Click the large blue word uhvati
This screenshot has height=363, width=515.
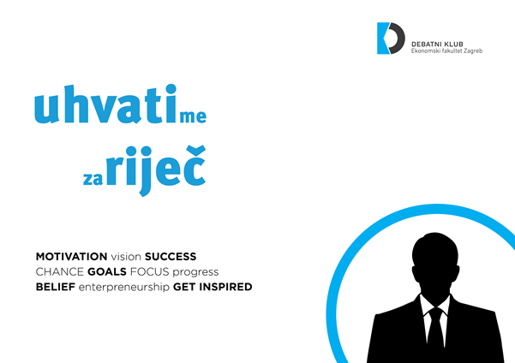tap(105, 104)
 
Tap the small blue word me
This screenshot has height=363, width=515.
tap(193, 116)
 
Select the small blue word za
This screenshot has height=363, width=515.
tap(93, 179)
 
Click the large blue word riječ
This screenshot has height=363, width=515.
tap(156, 170)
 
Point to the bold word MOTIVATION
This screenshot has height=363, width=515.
tap(72, 256)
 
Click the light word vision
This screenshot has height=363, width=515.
tap(126, 256)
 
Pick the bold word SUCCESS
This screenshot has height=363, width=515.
tap(171, 256)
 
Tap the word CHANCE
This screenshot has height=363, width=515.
tap(60, 271)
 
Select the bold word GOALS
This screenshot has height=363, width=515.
tap(107, 271)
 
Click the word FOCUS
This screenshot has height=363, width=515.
tap(149, 271)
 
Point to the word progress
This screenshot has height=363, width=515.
tap(195, 272)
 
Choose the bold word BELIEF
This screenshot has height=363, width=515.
tap(56, 287)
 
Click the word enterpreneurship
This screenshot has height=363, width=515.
tap(124, 288)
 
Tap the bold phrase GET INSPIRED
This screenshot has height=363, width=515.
tap(213, 287)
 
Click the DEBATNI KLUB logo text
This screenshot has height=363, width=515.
tap(437, 45)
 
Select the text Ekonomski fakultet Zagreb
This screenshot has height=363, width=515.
tap(446, 51)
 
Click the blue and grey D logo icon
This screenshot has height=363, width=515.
tap(391, 38)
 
